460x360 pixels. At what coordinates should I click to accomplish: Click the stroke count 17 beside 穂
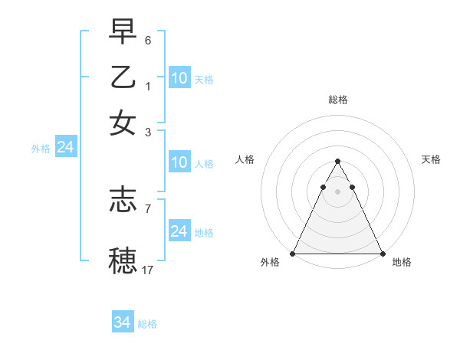pos(148,270)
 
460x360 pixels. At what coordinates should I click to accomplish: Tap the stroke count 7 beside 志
pos(148,208)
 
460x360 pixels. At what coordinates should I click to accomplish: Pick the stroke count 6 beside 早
pos(148,39)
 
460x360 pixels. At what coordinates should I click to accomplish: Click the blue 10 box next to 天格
pos(179,77)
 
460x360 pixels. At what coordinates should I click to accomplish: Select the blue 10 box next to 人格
pos(179,162)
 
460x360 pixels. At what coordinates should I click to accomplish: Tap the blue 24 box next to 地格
pos(179,231)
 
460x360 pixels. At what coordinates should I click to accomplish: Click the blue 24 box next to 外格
pos(65,147)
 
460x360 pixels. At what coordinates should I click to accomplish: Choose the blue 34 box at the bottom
pos(123,322)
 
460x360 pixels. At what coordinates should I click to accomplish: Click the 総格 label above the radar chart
pos(337,100)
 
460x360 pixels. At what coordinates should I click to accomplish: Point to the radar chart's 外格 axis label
pos(270,263)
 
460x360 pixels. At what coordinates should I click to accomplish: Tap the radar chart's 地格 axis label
pos(402,263)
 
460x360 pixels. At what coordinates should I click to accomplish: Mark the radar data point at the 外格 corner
pos(293,254)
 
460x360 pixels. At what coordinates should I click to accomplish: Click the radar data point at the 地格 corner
pos(382,254)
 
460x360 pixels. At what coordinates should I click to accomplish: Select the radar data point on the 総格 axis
pos(337,162)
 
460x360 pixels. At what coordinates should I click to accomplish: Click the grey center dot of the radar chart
pos(337,191)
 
